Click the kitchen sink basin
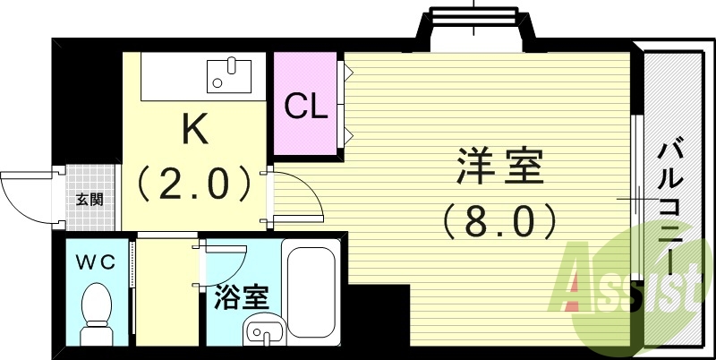tap(230, 74)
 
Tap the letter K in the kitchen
tap(195, 131)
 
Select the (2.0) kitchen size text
tap(194, 183)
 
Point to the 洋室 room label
tap(501, 168)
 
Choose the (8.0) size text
tap(501, 217)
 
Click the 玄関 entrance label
tap(89, 199)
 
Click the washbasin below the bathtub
tap(265, 332)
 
